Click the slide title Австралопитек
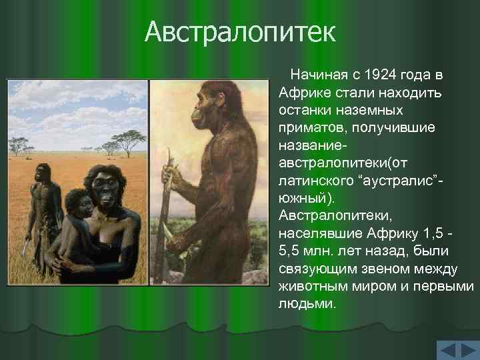[240, 32]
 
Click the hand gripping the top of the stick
[172, 177]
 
